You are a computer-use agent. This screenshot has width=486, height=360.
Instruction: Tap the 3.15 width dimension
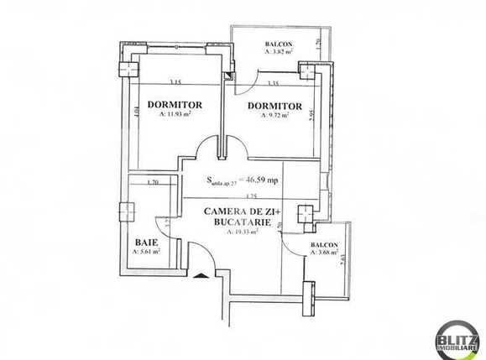click(175, 82)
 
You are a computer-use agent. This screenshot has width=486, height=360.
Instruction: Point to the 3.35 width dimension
click(271, 83)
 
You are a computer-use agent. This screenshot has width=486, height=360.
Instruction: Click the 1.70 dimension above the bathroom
click(152, 182)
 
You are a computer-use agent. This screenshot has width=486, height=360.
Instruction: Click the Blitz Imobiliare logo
click(457, 339)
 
